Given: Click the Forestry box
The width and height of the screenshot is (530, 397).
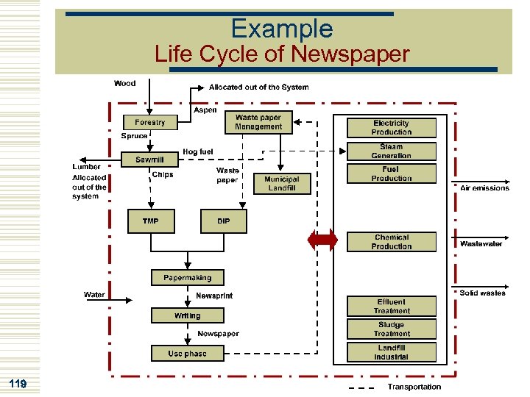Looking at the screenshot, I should click(150, 122).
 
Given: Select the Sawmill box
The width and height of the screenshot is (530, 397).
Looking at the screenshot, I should click(149, 160).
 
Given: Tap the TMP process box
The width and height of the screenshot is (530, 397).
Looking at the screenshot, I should click(150, 221).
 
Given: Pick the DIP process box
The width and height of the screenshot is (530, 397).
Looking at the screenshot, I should click(223, 221).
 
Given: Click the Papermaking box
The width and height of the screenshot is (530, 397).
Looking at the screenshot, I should click(187, 278).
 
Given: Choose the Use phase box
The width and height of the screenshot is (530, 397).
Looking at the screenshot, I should click(187, 354).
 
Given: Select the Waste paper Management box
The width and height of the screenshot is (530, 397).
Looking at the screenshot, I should click(258, 122).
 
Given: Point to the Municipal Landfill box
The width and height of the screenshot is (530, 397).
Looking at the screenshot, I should click(281, 184).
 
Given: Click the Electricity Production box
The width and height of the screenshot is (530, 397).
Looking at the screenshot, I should click(392, 128).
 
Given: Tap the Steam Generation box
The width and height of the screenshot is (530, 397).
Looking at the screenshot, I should click(392, 151).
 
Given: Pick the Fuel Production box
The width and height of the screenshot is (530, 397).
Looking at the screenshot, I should click(392, 174).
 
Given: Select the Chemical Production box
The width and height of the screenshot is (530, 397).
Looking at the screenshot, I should click(392, 242).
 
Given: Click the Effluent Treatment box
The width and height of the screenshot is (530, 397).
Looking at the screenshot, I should click(392, 307).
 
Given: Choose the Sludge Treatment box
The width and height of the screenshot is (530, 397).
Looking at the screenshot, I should click(392, 329).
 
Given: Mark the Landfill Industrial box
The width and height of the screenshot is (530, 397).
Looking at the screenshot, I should click(392, 352).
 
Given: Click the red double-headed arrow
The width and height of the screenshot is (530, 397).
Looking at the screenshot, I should click(322, 240).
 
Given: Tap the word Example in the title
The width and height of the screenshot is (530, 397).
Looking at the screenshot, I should click(281, 29).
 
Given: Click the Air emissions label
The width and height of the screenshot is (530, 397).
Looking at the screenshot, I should click(484, 188).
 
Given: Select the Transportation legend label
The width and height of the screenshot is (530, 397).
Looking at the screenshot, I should click(414, 387).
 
